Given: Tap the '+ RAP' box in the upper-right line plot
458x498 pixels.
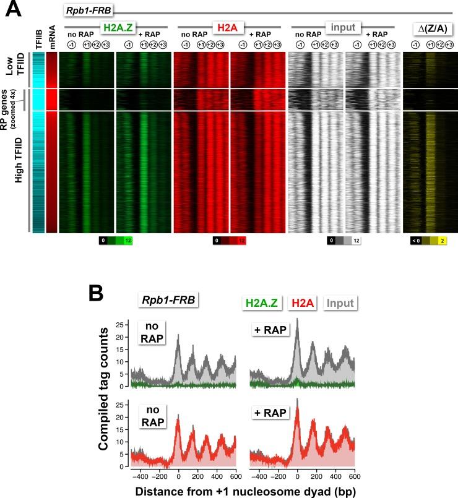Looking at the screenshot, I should pyautogui.click(x=270, y=330).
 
